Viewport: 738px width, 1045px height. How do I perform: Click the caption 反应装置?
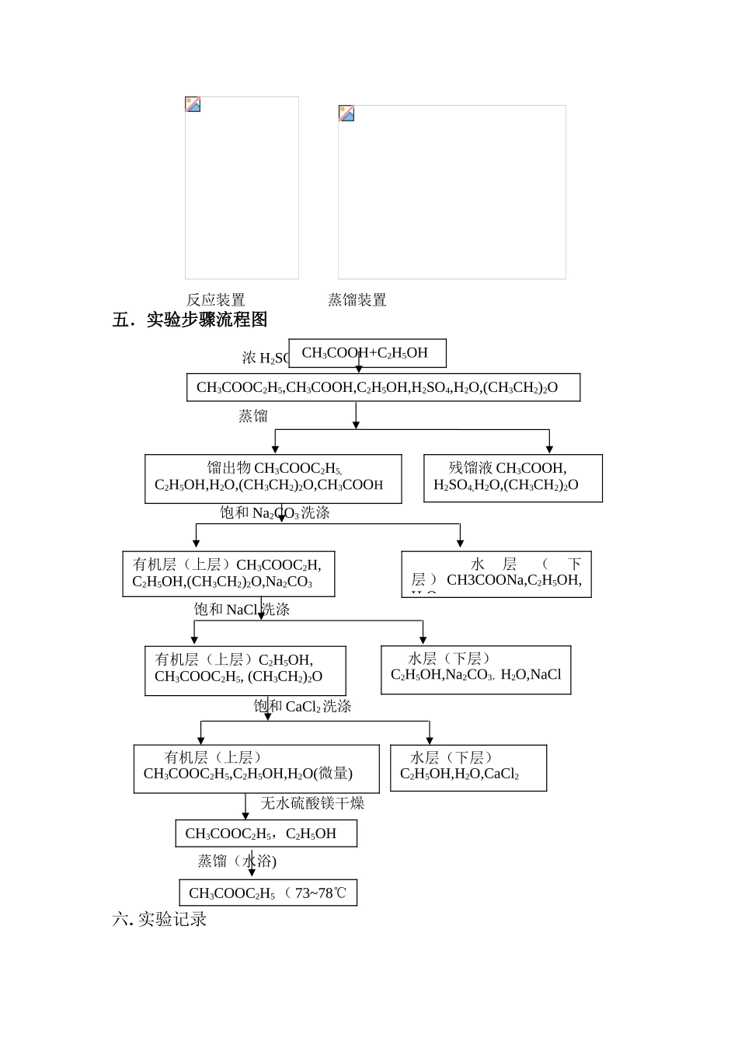pos(215,300)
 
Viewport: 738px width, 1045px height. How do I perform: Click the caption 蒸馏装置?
pos(357,300)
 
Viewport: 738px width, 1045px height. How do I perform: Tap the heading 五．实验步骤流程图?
pos(190,320)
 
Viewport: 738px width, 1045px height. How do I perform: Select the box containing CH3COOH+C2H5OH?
pos(367,353)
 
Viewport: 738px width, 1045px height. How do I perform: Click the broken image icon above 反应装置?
pos(193,104)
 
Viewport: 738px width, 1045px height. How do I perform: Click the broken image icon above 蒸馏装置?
pos(346,114)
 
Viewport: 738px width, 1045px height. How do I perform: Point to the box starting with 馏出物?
pos(273,478)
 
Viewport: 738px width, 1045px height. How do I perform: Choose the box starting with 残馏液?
pos(513,478)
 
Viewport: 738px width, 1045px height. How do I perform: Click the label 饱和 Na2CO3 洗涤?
pos(275,513)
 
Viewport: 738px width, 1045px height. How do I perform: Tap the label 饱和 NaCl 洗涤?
pos(242,610)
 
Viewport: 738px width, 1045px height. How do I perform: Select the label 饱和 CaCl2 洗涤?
pos(302,707)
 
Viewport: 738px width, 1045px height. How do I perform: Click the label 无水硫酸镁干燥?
pos(312,803)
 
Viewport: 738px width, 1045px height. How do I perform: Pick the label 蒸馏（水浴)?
pos(237,862)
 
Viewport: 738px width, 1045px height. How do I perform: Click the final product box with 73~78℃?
pos(267,893)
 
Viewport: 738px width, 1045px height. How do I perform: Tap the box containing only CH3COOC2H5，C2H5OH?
pos(266,834)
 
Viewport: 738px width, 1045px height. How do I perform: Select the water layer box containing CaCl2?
pos(468,767)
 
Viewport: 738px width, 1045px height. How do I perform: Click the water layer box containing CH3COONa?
pos(496,574)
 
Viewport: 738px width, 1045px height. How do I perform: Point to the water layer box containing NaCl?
pos(475,669)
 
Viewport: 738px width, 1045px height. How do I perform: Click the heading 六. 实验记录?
pos(160,919)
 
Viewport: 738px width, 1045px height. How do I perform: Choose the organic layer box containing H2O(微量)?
pos(256,768)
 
